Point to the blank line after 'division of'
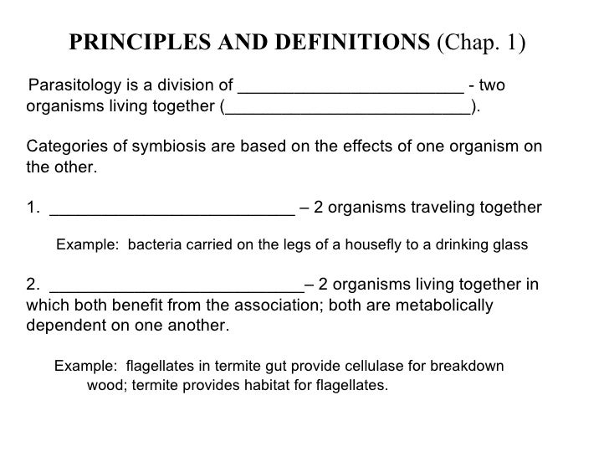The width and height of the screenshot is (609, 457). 351,88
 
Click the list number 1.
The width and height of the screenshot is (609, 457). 33,208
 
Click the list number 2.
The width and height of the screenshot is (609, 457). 33,283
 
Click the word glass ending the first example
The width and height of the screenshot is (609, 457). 510,245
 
